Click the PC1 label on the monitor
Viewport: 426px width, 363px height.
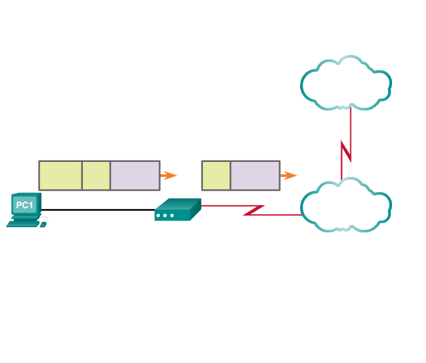pos(24,206)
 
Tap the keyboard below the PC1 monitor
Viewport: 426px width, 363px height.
pos(22,223)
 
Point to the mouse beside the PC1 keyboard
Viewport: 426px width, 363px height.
pos(43,225)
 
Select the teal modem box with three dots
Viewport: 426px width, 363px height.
pos(177,210)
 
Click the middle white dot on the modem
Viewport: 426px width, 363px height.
pos(165,215)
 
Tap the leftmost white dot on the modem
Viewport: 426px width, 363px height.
pos(159,215)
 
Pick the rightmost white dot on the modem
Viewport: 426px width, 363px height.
pos(172,215)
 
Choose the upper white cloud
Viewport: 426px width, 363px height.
pos(346,82)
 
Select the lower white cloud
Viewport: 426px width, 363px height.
pos(346,205)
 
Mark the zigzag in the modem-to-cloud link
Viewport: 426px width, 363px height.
pos(254,210)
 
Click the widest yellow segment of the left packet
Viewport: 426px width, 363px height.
pos(60,175)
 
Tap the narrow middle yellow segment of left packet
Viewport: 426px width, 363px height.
pos(96,175)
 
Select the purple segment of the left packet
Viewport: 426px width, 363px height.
pos(134,175)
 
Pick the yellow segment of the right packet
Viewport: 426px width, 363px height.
pos(216,175)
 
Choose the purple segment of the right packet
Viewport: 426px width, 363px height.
pos(254,175)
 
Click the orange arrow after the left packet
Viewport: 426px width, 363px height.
pos(170,175)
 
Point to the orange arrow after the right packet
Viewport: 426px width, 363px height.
pos(289,175)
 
